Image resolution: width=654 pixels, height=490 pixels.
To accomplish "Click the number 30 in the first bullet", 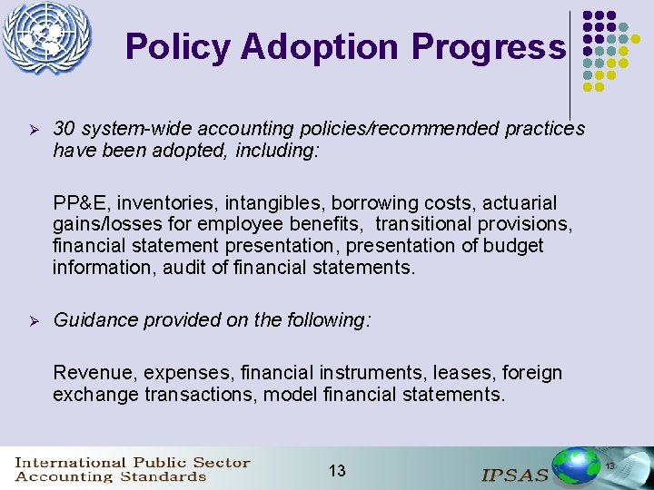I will [x=64, y=129].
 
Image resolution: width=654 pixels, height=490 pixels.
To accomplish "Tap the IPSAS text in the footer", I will [x=514, y=473].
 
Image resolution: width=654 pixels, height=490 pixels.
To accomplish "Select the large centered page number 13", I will [x=337, y=470].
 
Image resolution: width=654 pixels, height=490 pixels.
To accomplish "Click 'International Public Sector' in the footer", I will [x=132, y=462].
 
